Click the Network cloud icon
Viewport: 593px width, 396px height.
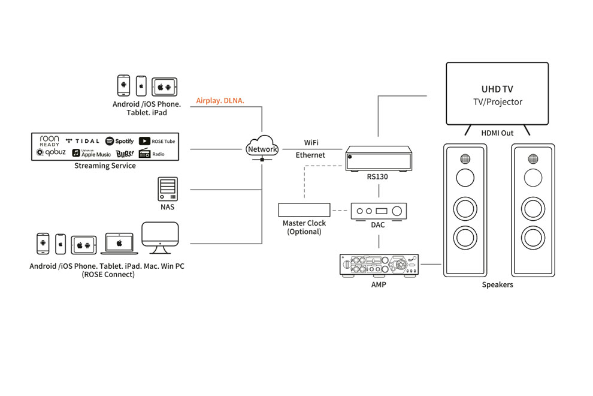(262, 148)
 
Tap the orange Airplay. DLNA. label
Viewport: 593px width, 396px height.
(220, 101)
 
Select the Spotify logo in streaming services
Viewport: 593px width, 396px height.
(119, 141)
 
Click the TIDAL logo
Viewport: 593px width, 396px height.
(82, 141)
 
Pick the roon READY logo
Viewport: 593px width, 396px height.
(49, 141)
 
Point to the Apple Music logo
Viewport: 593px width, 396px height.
(88, 154)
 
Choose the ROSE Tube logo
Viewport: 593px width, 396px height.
(157, 141)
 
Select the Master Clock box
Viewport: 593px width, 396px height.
(304, 210)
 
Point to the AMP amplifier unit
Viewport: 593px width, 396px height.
(379, 265)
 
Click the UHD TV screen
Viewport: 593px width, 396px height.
(497, 93)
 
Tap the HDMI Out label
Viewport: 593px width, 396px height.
(497, 133)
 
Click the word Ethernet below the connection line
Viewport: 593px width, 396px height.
(310, 155)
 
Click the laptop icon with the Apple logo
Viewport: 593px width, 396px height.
(119, 243)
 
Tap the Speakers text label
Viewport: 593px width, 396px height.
(497, 284)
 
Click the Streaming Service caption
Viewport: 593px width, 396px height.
(105, 166)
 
